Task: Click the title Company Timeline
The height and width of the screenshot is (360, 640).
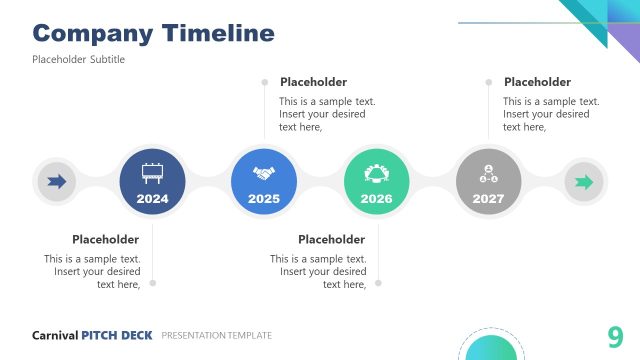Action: coord(153,33)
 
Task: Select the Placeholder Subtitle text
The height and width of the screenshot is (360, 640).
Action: coord(78,60)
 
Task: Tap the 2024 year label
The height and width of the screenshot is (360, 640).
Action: coord(152,199)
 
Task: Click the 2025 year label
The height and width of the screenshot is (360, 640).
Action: coord(264,199)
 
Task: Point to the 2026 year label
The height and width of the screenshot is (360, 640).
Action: coord(376,199)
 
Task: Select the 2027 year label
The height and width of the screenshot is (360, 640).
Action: coord(488,199)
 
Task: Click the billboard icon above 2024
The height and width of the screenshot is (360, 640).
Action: coord(152,172)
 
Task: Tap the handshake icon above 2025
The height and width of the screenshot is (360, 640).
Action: coord(264,172)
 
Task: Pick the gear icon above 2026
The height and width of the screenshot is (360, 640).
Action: coord(376,172)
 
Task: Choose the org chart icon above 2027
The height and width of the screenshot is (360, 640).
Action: coord(488,172)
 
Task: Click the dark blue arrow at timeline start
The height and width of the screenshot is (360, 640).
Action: coord(57,182)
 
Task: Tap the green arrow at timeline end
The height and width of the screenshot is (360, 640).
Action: coord(584,182)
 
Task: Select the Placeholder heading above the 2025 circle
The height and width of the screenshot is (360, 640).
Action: coord(313,82)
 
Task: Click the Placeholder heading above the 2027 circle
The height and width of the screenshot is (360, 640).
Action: coord(537,82)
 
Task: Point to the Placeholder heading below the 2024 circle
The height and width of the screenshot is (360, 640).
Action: coord(105,239)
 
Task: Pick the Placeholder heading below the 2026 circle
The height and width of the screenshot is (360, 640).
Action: coord(331,239)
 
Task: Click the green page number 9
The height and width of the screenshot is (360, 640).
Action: coord(615,336)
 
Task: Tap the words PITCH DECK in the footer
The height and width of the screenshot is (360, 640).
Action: coord(117,335)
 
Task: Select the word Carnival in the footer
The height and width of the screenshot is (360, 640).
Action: coord(55,335)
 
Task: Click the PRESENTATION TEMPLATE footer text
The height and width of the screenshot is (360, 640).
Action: coord(216,335)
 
